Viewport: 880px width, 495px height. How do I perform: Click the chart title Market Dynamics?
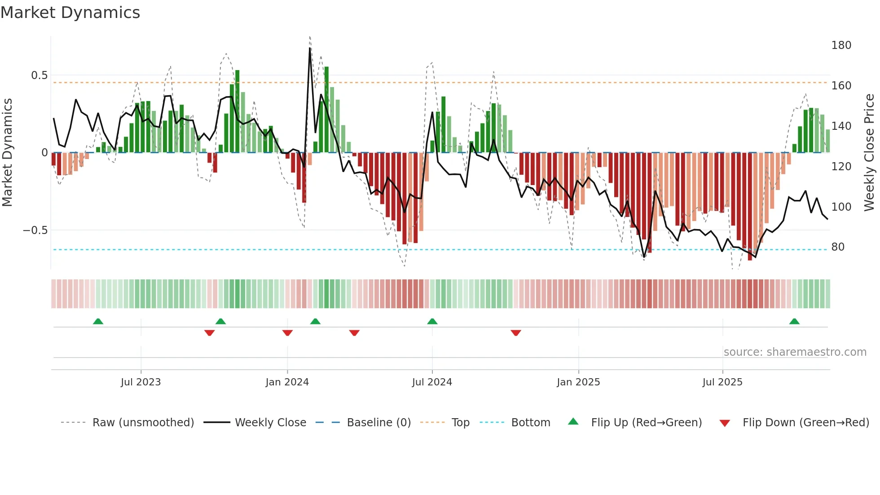pos(70,13)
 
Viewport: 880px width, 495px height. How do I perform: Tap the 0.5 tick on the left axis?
pos(40,75)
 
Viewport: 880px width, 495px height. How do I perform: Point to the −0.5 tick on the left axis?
pos(35,230)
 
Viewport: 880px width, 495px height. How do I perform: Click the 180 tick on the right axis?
pos(841,45)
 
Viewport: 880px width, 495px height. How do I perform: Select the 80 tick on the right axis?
pos(838,247)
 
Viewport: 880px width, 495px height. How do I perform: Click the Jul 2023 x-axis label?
pos(141,382)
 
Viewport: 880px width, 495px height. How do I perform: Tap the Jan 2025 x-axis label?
pos(578,382)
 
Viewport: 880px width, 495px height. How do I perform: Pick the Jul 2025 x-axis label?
pos(722,382)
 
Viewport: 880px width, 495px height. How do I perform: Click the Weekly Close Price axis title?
pos(869,153)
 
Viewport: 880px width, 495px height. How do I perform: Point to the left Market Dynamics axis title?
pos(7,153)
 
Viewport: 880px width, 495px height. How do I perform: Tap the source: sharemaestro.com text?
pos(795,352)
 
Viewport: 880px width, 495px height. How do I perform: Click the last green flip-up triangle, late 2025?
pos(794,322)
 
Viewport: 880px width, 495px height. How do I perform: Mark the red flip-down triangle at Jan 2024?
pos(287,333)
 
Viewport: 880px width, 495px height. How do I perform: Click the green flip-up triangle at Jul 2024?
pos(432,322)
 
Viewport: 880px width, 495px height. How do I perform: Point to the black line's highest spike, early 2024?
pos(310,48)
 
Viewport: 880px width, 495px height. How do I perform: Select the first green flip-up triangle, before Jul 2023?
pos(98,322)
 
